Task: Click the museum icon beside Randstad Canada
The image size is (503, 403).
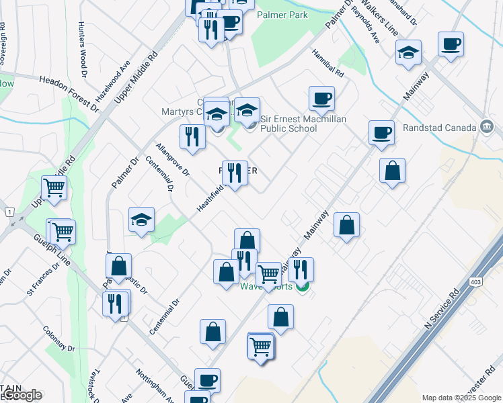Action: (487, 127)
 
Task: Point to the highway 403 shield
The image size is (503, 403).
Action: (476, 282)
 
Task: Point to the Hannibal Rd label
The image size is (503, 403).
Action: (328, 62)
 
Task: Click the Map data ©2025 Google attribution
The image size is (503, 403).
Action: (461, 398)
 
